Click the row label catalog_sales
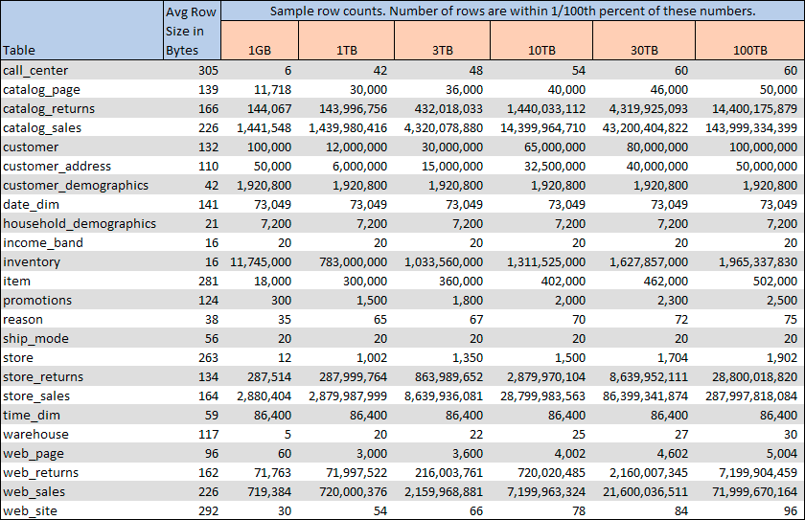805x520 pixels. click(42, 127)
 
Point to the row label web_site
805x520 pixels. click(30, 510)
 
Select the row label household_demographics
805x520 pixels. click(79, 223)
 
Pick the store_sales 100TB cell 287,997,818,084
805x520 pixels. click(743, 396)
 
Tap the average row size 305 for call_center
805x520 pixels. click(209, 70)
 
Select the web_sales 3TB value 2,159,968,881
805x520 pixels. click(442, 491)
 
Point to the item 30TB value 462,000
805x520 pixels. click(664, 281)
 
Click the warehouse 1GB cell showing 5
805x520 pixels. click(287, 434)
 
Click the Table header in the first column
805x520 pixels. click(19, 50)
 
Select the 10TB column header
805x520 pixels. click(541, 50)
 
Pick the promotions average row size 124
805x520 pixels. click(209, 300)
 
